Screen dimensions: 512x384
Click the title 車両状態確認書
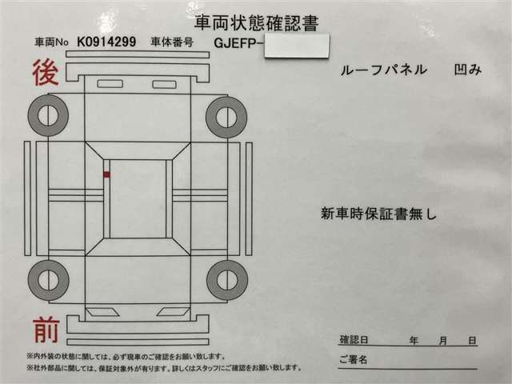(x=256, y=23)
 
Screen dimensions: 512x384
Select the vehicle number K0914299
(x=106, y=42)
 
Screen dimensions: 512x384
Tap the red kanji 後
(x=46, y=73)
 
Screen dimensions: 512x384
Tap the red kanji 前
(x=46, y=330)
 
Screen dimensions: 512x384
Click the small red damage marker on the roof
(x=106, y=174)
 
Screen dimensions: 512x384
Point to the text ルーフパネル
(x=384, y=70)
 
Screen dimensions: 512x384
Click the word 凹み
(x=468, y=70)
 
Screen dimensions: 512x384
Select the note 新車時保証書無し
(x=378, y=214)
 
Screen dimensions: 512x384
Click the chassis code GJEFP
(x=235, y=43)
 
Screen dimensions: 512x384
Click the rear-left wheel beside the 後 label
(x=48, y=115)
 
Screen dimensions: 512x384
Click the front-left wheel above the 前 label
(x=48, y=280)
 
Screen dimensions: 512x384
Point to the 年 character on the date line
(x=414, y=341)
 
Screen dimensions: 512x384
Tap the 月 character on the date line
(x=442, y=341)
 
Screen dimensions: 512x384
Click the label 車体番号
(x=172, y=42)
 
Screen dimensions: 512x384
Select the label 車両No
(x=51, y=42)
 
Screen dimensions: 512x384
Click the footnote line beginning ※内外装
(x=126, y=357)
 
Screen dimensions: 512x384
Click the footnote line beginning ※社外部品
(x=164, y=368)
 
